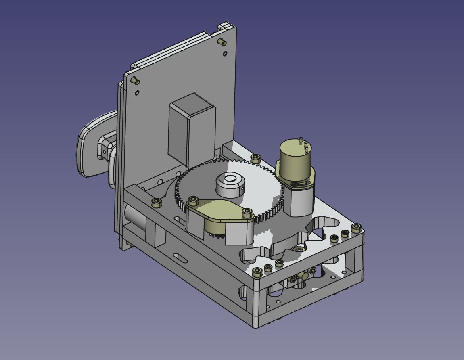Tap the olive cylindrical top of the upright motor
(x=294, y=159)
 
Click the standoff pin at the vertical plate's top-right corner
(x=222, y=42)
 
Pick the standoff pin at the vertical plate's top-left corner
(x=136, y=81)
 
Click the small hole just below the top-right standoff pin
(x=225, y=54)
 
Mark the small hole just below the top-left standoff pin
(x=137, y=93)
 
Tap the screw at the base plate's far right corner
(x=355, y=228)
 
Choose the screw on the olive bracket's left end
(x=193, y=200)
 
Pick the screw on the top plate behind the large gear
(x=255, y=157)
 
